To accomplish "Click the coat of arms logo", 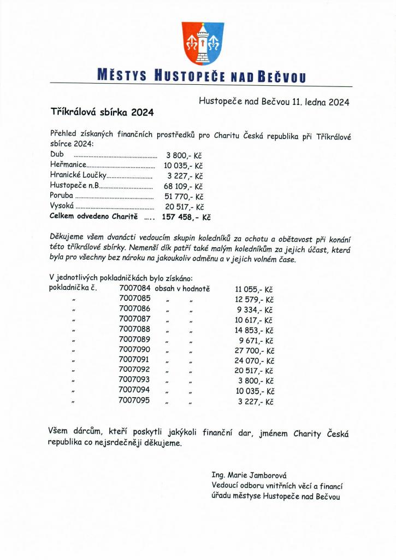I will coord(203,44).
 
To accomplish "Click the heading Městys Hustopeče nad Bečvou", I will coord(200,77).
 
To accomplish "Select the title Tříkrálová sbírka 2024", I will coord(102,112).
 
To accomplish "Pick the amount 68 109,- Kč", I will coord(184,186).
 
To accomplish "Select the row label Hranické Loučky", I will coord(77,176).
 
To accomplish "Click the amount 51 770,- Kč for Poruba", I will coord(184,197).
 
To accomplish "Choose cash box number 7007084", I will coord(134,288).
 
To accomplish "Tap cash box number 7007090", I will coord(134,349).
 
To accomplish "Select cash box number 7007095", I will coord(134,400).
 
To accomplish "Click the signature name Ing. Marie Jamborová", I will coord(249,475).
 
